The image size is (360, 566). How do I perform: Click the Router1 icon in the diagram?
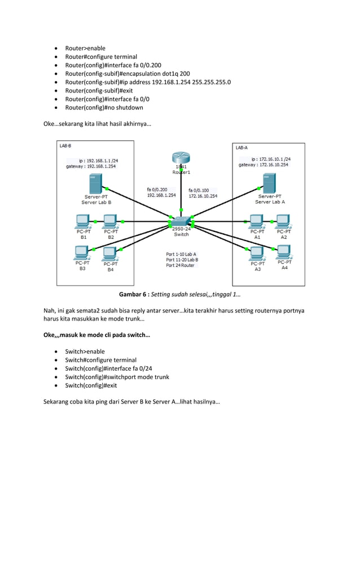click(x=181, y=160)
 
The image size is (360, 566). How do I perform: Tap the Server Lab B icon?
click(x=96, y=184)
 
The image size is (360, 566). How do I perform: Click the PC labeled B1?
click(x=84, y=221)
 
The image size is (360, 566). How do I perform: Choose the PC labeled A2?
click(x=283, y=221)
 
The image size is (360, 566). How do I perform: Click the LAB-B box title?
click(x=65, y=146)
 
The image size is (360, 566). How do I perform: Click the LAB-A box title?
click(x=241, y=147)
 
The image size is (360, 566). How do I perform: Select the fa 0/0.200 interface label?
click(x=157, y=190)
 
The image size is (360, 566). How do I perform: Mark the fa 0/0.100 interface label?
click(x=199, y=190)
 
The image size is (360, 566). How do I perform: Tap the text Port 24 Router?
click(x=180, y=265)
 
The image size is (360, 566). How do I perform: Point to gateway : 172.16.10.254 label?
click(x=264, y=165)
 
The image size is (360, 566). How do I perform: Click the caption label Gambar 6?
click(x=134, y=294)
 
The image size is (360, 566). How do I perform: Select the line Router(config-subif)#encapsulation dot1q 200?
click(x=128, y=73)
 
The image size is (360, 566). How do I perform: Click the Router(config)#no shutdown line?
click(x=104, y=107)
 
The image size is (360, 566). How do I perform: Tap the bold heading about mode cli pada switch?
click(x=96, y=335)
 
